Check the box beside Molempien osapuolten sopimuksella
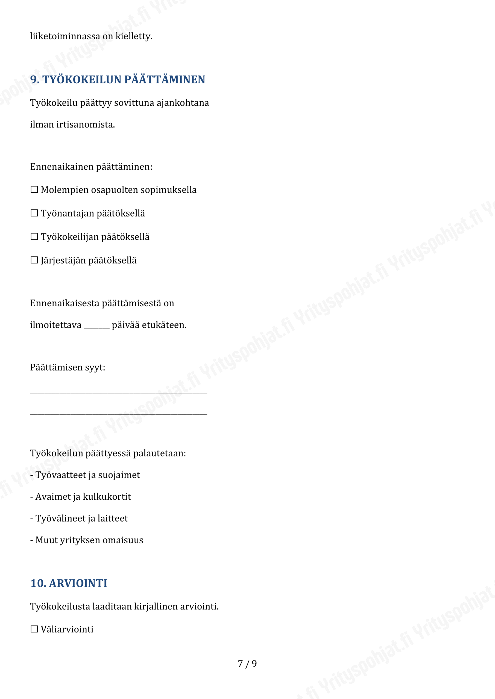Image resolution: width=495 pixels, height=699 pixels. [34, 190]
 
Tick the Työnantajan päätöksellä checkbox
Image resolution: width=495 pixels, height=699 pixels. [34, 213]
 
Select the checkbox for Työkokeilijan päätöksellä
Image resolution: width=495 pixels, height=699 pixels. [34, 236]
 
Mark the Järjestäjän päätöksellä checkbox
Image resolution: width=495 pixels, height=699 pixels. [34, 260]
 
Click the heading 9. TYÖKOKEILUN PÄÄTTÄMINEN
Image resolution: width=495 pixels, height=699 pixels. [117, 79]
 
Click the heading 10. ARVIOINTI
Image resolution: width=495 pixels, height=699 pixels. [69, 583]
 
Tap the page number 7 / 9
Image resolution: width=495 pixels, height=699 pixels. [247, 664]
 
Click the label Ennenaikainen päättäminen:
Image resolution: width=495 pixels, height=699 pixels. [91, 167]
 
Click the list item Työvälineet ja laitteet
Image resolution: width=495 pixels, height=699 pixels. [81, 518]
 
